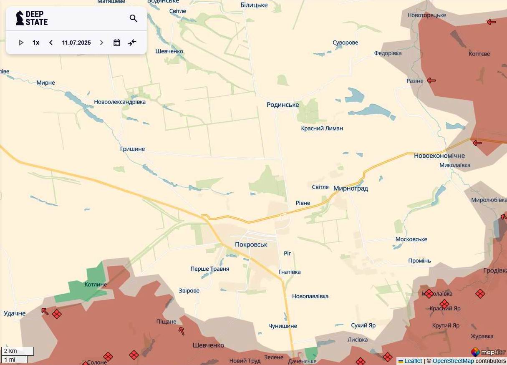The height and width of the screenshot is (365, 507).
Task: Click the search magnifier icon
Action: [x=134, y=18]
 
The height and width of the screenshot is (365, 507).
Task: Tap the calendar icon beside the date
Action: [x=117, y=43]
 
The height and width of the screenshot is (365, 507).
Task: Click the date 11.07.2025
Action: [x=76, y=43]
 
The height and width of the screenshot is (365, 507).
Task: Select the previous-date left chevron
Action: [x=51, y=43]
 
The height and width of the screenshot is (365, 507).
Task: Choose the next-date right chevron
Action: [x=101, y=43]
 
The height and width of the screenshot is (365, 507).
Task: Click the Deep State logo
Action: [x=32, y=18]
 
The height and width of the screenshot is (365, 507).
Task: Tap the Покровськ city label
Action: [x=251, y=245]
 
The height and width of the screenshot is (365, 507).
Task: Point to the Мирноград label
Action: [x=351, y=189]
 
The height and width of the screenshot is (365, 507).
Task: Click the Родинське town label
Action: [x=283, y=105]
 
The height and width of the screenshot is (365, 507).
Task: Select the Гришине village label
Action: [x=132, y=149]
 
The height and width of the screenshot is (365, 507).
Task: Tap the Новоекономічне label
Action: [x=439, y=156]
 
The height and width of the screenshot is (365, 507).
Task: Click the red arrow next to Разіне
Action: [x=431, y=81]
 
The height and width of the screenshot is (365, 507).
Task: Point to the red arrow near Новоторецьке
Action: [x=491, y=22]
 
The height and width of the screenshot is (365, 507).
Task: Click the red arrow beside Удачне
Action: [x=45, y=311]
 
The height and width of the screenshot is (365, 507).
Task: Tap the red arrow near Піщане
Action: [x=182, y=331]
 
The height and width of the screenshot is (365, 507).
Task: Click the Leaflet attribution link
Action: [x=413, y=361]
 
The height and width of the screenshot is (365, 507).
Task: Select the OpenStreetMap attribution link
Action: [x=453, y=361]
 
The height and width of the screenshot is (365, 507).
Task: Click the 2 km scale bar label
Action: [x=11, y=351]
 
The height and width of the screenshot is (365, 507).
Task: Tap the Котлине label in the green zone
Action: [x=96, y=284]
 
